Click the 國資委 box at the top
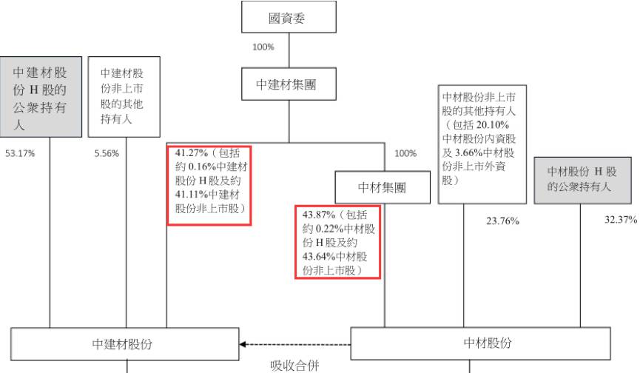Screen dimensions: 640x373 pyautogui.click(x=289, y=18)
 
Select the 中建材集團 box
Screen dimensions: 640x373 pyautogui.click(x=289, y=84)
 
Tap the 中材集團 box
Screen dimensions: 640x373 pyautogui.click(x=382, y=187)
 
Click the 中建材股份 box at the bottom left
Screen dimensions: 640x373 pyautogui.click(x=124, y=344)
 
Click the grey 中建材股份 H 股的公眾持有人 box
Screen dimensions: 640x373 pyautogui.click(x=40, y=97)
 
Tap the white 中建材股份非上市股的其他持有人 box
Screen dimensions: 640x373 pyautogui.click(x=124, y=97)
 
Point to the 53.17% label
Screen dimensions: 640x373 pyautogui.click(x=20, y=154)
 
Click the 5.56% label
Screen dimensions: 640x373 pyautogui.click(x=106, y=154)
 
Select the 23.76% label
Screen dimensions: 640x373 pyautogui.click(x=503, y=221)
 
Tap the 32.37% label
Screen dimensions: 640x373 pyautogui.click(x=621, y=220)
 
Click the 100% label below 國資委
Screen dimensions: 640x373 pyautogui.click(x=263, y=47)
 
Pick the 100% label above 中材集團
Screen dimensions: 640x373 pyautogui.click(x=405, y=154)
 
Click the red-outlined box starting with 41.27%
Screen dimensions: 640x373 pyautogui.click(x=209, y=185)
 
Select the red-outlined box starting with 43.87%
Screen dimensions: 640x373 pyautogui.click(x=337, y=242)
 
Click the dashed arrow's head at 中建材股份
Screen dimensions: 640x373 pyautogui.click(x=243, y=345)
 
